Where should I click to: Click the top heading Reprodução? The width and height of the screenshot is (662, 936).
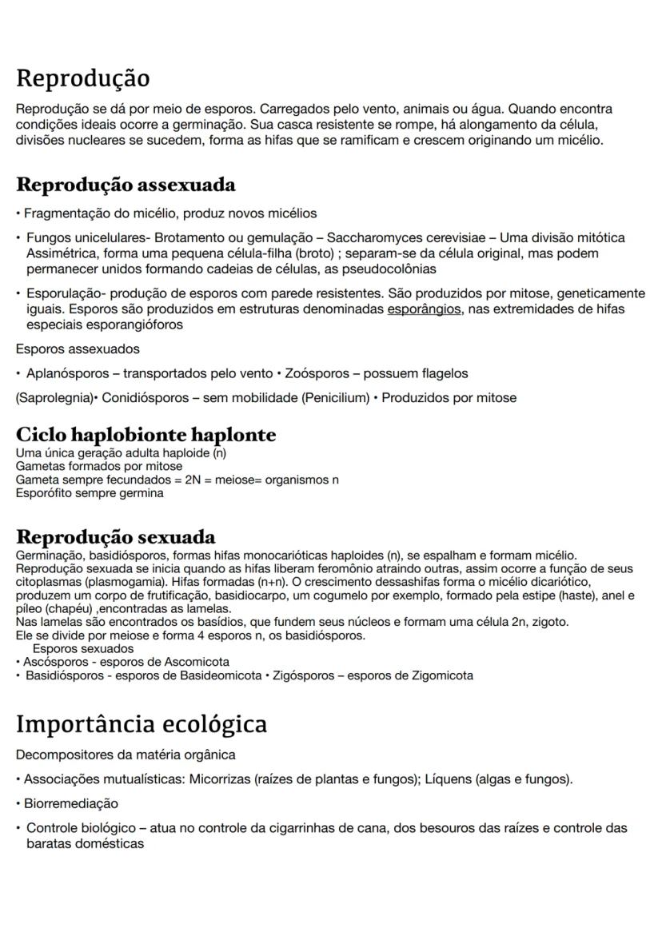(x=82, y=79)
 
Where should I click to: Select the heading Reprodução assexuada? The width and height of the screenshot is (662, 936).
(x=126, y=185)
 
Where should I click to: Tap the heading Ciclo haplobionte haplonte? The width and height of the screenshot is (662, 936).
(x=146, y=435)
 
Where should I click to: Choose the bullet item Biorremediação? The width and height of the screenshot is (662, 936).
(x=70, y=803)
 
